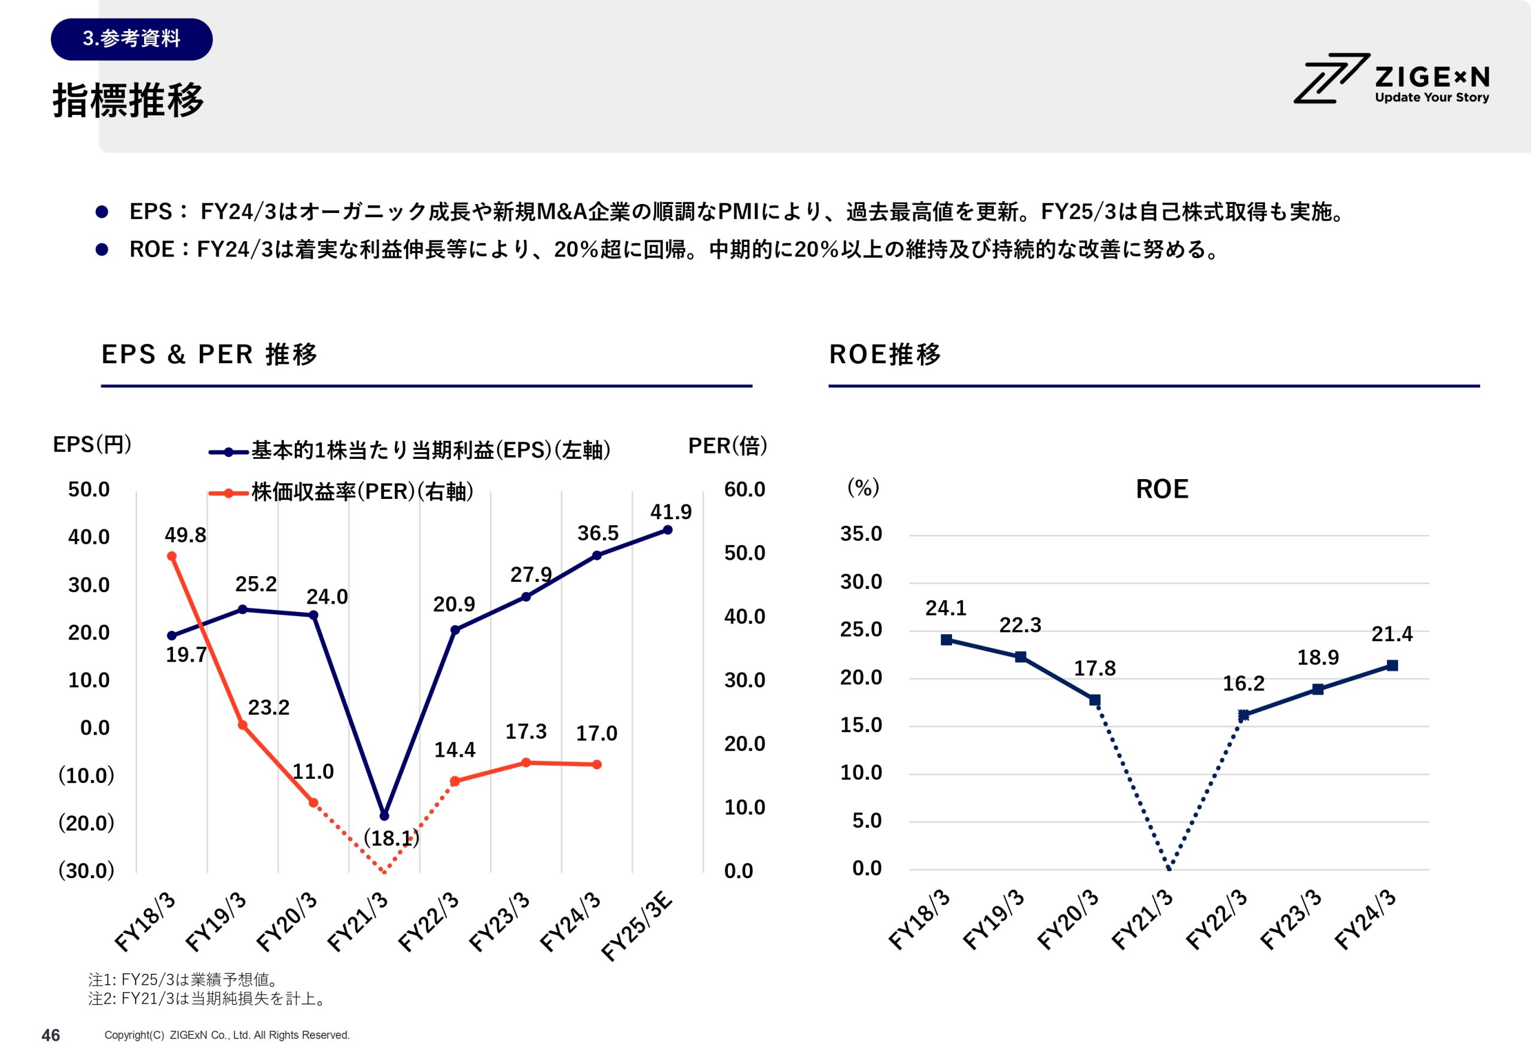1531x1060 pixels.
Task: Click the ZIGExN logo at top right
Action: pos(1392,79)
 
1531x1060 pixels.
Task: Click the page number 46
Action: pos(50,1035)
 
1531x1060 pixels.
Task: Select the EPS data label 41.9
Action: pos(670,512)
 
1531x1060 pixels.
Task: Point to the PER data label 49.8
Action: pos(185,535)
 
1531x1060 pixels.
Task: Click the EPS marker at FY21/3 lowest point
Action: pos(384,815)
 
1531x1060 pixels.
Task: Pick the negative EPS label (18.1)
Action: pos(391,838)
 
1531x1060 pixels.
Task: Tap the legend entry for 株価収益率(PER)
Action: pos(362,492)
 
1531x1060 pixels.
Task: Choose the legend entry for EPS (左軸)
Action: pos(430,451)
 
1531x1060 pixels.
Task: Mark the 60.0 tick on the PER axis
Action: pos(744,489)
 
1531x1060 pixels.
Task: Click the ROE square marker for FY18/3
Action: pos(946,639)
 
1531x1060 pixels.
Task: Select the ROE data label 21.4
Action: pos(1392,634)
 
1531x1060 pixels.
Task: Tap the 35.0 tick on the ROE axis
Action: pos(861,534)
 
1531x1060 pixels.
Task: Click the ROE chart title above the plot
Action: pos(1162,489)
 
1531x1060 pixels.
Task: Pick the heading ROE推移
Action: pos(885,355)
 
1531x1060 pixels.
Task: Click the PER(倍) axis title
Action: pos(727,446)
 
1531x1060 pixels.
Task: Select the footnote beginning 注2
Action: pos(207,999)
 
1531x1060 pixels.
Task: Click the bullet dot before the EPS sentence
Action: pos(102,212)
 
